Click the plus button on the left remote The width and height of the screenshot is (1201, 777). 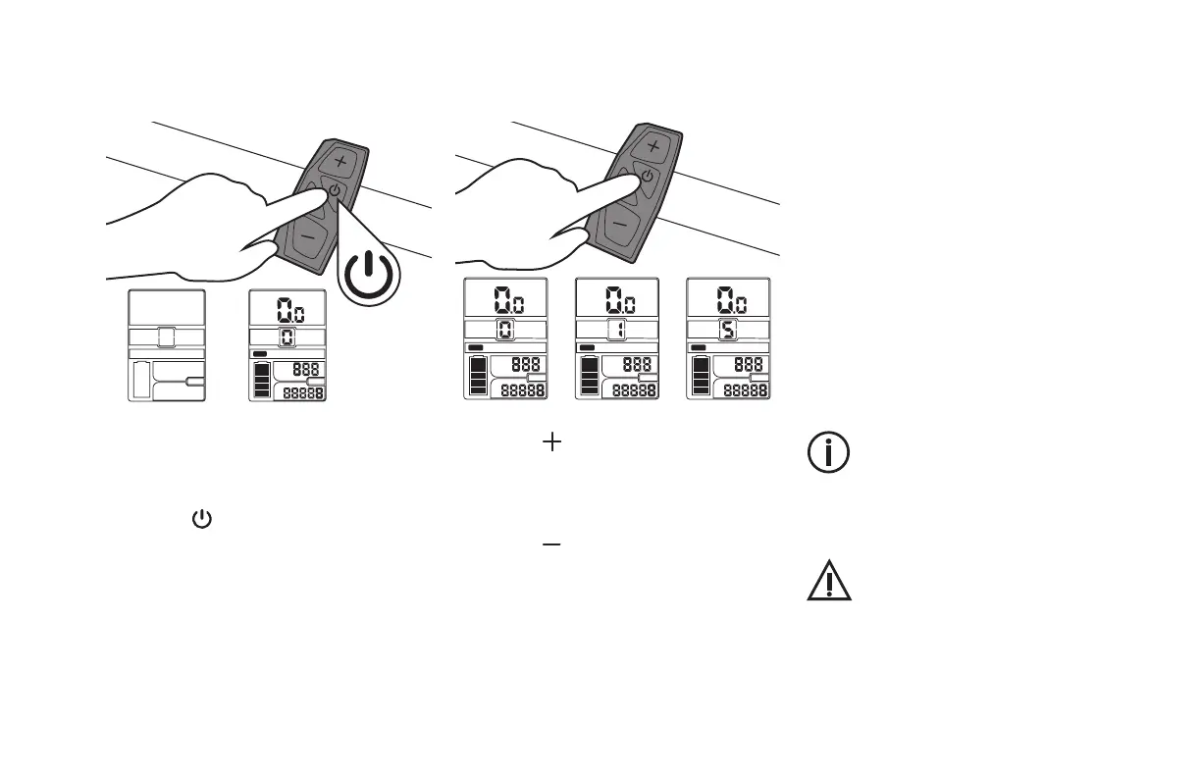click(x=340, y=160)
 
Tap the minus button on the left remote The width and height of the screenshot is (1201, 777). click(x=307, y=236)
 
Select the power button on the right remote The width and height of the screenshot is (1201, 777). click(x=647, y=177)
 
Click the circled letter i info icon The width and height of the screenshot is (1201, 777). click(x=828, y=452)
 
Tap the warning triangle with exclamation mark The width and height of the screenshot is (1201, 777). click(x=828, y=583)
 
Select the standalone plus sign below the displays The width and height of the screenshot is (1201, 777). click(x=552, y=443)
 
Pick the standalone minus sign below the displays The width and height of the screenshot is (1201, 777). click(x=551, y=544)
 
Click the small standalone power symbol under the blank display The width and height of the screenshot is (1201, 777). click(x=201, y=518)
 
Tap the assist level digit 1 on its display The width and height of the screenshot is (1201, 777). click(x=616, y=330)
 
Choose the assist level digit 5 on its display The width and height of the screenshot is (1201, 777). click(x=727, y=330)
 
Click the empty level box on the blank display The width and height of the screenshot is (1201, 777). click(x=166, y=337)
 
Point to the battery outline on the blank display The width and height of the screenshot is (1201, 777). click(x=141, y=380)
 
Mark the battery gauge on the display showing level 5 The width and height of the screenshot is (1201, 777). click(x=700, y=376)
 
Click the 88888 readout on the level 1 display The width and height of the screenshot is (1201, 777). click(x=634, y=390)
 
